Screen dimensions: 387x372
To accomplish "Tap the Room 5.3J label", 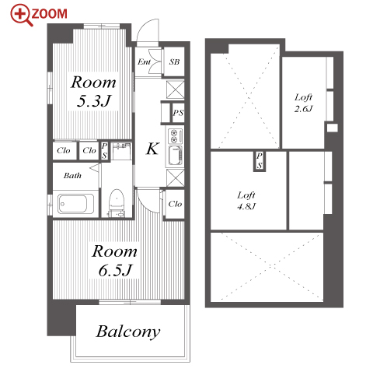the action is [x=93, y=91].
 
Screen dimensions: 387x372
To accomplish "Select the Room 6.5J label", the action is [x=115, y=261].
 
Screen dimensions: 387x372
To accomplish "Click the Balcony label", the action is [x=128, y=332].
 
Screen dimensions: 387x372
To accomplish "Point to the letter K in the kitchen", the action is [x=152, y=149].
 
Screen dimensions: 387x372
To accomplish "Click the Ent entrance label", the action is [x=144, y=61].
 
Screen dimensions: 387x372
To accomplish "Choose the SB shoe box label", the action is [x=174, y=61].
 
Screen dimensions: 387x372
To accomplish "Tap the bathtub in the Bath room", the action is [x=75, y=204].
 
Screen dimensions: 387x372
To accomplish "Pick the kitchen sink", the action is [x=175, y=156].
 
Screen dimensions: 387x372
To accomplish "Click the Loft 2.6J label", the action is [x=303, y=103].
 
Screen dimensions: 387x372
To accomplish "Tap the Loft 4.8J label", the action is [x=246, y=201].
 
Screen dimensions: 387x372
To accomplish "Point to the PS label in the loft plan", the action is [x=260, y=161].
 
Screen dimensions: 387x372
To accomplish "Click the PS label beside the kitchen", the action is [x=178, y=113].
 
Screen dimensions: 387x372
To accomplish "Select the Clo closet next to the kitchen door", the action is [x=175, y=204].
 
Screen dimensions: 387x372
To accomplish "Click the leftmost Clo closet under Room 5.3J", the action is [x=64, y=150].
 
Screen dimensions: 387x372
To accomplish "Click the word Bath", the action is [x=72, y=176].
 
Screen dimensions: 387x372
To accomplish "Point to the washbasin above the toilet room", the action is [x=122, y=150].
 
